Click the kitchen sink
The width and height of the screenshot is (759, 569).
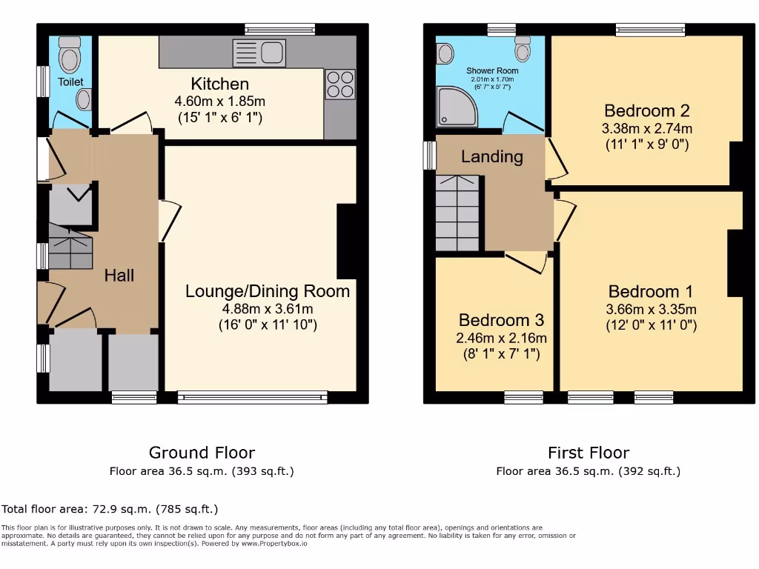pos(259,53)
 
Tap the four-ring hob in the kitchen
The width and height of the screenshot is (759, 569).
pos(340,83)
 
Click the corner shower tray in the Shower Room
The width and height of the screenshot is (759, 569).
pos(457,106)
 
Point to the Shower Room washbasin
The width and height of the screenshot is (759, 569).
pos(445,53)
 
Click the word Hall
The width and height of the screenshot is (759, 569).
pos(119,276)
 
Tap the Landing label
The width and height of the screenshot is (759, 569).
pos(491,156)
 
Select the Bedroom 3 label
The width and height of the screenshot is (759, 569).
pos(501,320)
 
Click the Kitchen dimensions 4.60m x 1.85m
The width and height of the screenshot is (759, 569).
pos(220,101)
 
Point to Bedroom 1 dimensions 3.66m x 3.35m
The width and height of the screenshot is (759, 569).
pos(651,309)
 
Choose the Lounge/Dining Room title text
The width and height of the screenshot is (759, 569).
pos(267,290)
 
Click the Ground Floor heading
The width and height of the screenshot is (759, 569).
pos(202,453)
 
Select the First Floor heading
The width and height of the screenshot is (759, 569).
pos(588,453)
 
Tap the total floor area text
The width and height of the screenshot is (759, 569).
pos(110,509)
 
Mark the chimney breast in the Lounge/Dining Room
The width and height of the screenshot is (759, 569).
pos(347,241)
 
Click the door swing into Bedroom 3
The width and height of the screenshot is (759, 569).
pos(528,261)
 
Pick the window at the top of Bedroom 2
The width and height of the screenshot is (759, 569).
pos(650,30)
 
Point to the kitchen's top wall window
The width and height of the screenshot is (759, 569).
pos(280,30)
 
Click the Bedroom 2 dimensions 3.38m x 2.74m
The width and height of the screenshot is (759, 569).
pos(646,128)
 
